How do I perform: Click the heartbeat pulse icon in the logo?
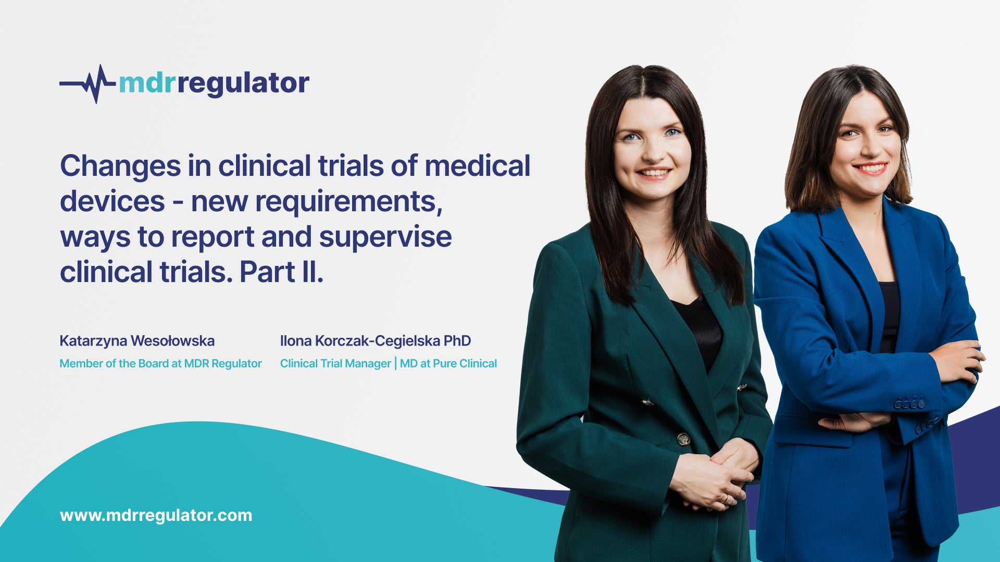(x=87, y=84)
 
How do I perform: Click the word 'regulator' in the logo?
(x=243, y=83)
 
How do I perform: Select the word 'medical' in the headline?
(x=478, y=165)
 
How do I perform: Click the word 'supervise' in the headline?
(x=385, y=237)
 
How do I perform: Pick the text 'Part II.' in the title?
(x=281, y=272)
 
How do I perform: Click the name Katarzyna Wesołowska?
(x=137, y=341)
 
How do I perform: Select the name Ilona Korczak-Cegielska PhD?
(x=376, y=341)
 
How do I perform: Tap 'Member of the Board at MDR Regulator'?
(x=160, y=363)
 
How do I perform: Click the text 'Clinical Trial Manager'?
(x=335, y=363)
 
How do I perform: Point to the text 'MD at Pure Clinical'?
(x=448, y=363)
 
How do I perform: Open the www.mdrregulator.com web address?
(x=156, y=515)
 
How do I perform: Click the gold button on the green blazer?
(x=683, y=439)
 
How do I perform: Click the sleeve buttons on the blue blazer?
(x=909, y=403)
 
